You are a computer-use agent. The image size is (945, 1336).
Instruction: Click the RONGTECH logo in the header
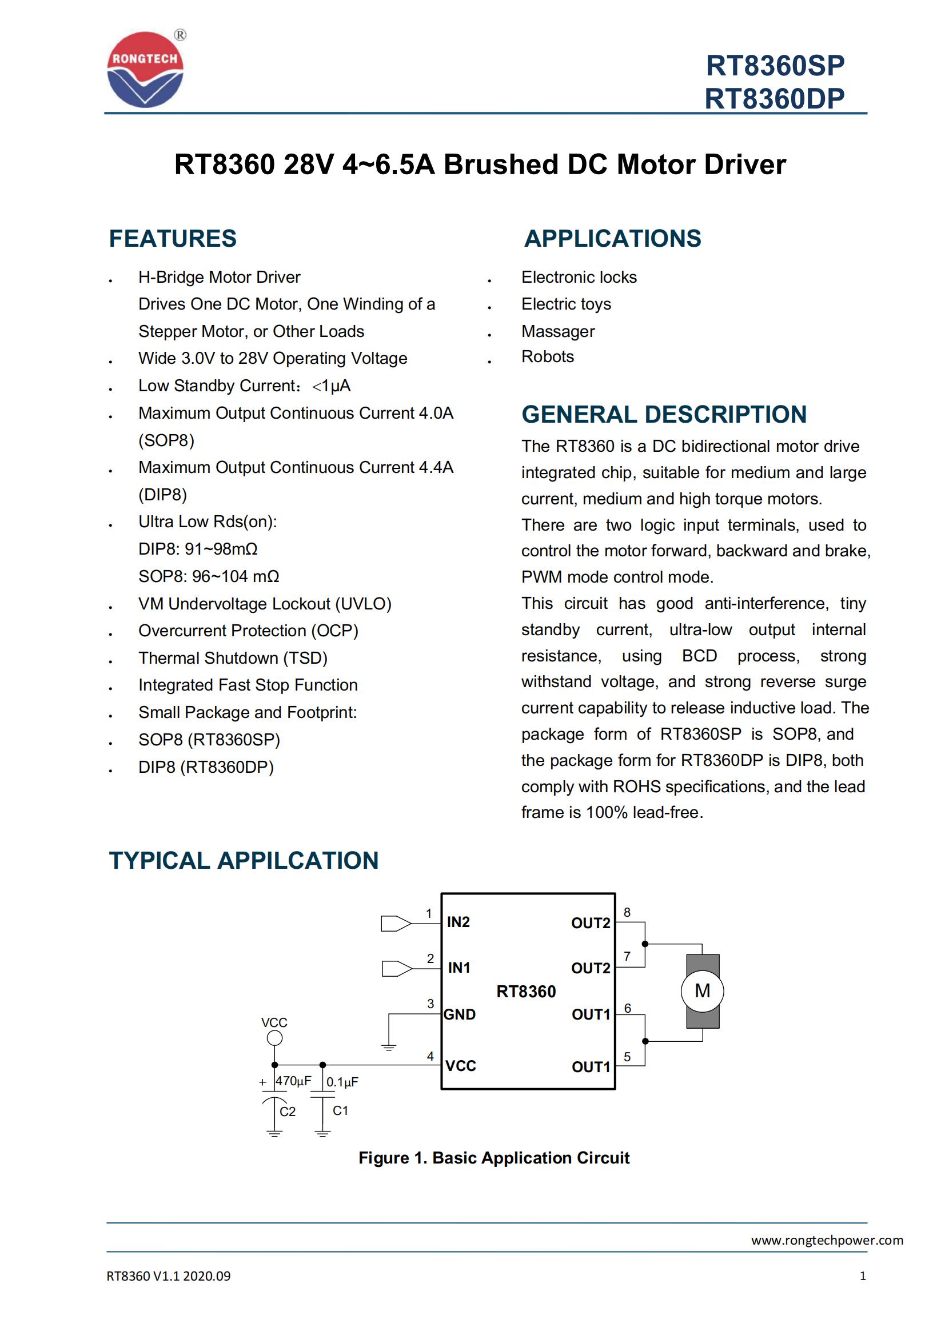pos(145,69)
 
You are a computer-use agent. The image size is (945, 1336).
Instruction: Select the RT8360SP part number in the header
pos(775,66)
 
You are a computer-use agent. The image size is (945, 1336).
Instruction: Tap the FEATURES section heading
pos(173,239)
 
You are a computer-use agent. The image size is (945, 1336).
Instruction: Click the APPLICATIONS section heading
pos(612,239)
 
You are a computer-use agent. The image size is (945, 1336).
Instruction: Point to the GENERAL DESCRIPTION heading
pos(664,414)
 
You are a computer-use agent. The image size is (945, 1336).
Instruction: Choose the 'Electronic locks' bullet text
pos(579,277)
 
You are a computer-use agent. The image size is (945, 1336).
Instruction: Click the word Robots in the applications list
pos(547,356)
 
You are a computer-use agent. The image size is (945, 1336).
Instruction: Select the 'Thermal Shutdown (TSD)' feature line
pos(233,658)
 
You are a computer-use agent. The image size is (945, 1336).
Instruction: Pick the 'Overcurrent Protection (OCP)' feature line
pos(248,631)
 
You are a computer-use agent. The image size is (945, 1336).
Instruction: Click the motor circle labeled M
pos(702,991)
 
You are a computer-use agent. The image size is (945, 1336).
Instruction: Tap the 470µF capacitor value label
pos(293,1081)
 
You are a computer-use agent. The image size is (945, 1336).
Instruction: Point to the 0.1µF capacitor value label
pos(342,1082)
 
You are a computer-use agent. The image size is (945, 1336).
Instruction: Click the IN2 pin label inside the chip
pos(458,922)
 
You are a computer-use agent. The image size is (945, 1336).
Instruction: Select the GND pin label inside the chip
pos(460,1015)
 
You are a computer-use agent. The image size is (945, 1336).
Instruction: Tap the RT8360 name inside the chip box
pos(526,992)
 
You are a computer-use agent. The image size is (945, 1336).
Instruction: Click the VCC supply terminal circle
pos(274,1038)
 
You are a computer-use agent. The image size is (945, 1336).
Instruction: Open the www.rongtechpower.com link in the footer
pos(827,1240)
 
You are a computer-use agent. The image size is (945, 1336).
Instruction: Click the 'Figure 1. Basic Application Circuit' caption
pos(494,1158)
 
